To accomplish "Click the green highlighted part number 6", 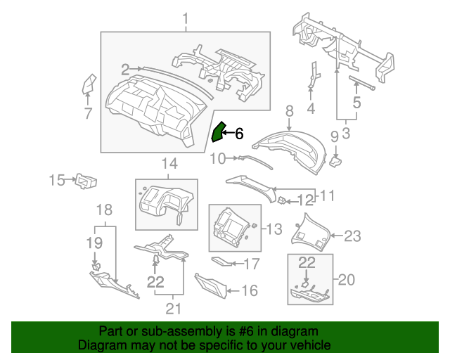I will (218, 131).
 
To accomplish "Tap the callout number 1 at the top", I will (186, 17).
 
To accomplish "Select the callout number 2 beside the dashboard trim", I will (125, 70).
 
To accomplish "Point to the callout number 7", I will (88, 113).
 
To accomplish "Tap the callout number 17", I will (251, 264).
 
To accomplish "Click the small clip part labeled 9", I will (336, 162).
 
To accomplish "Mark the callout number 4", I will (310, 109).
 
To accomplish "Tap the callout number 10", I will (217, 159).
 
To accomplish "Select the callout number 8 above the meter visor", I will (288, 111).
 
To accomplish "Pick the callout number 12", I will (304, 200).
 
